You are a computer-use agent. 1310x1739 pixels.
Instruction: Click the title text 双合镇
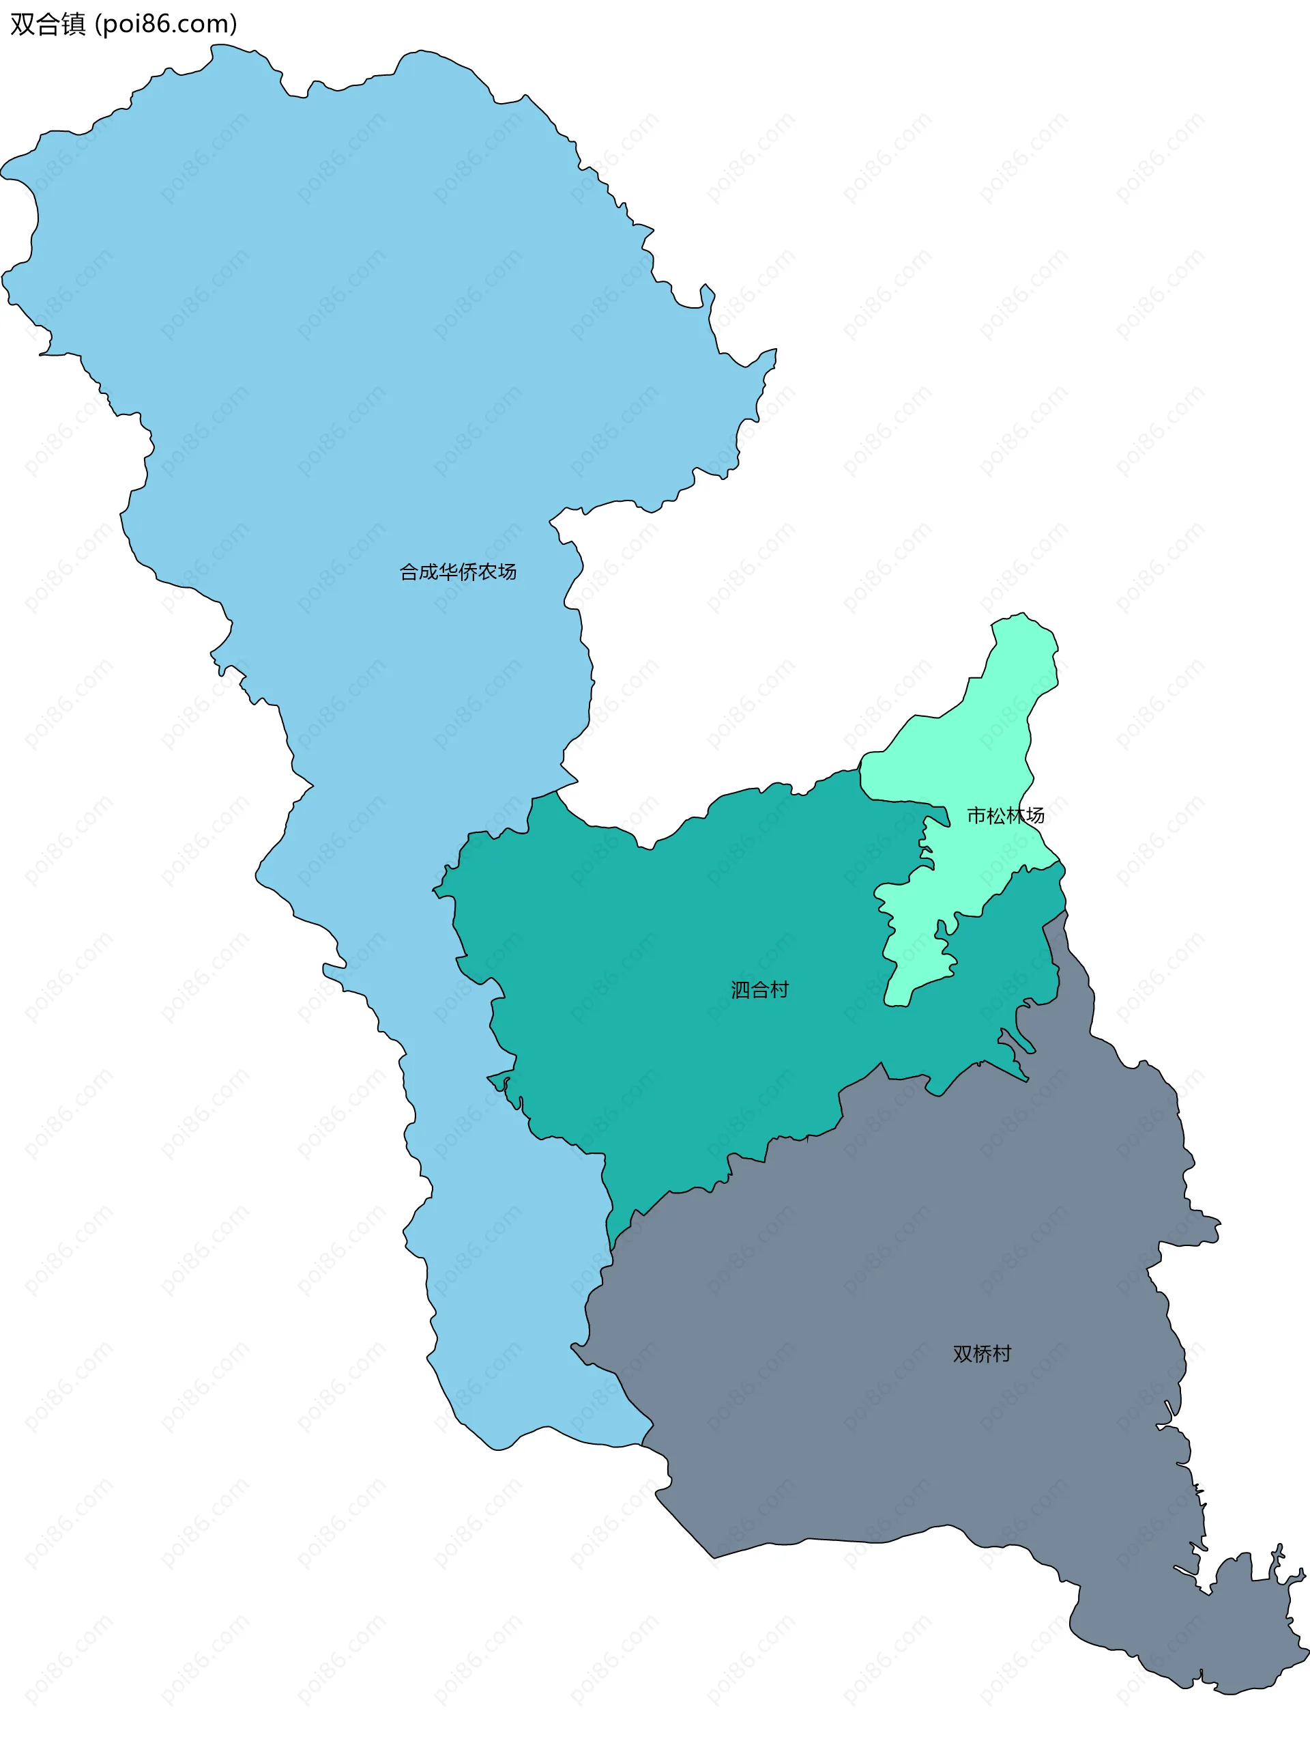48,25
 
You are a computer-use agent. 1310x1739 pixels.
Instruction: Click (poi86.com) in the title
166,25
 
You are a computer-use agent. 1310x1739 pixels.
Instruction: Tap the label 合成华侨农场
457,572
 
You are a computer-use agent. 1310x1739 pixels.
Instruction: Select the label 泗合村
759,990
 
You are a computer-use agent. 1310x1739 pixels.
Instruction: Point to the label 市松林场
1005,815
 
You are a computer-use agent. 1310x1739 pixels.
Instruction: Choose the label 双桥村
982,1354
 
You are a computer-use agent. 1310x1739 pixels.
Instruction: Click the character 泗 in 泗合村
740,990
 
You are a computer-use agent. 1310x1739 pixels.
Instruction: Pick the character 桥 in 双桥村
982,1354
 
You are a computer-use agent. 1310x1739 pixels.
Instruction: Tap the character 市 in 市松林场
976,815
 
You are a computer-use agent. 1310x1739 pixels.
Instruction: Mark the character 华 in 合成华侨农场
448,572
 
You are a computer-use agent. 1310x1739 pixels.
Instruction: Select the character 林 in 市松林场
1015,815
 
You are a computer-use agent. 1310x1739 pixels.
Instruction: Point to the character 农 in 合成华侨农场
487,572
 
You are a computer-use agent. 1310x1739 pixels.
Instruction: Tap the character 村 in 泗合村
778,990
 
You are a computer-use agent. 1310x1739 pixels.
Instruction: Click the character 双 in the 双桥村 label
963,1354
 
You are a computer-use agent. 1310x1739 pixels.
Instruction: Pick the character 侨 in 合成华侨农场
467,572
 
